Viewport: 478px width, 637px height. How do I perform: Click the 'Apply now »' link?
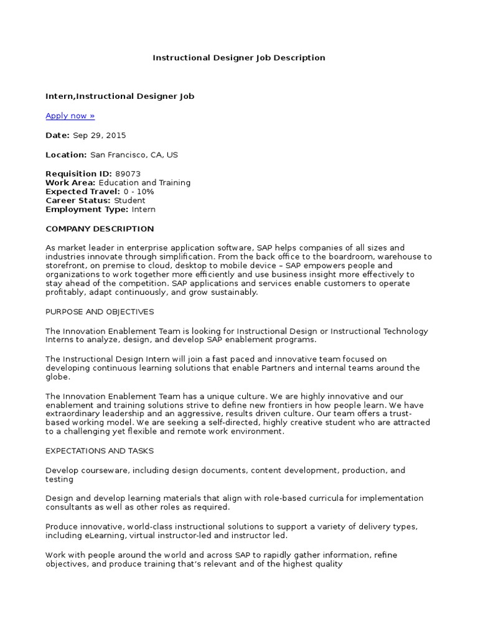coord(70,116)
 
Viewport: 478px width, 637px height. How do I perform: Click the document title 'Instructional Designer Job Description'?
coord(239,58)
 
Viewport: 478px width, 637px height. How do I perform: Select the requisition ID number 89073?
coord(128,174)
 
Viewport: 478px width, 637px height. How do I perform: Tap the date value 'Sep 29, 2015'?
coord(99,135)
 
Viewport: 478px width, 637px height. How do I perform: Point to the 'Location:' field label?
coord(66,155)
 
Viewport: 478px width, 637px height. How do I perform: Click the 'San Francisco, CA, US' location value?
coord(134,155)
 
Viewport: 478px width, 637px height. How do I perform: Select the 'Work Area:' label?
coord(70,183)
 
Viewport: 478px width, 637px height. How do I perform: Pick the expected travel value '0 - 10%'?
coord(139,192)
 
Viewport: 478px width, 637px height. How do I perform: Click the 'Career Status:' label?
coord(78,201)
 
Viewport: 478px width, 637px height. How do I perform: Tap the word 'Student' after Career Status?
coord(129,201)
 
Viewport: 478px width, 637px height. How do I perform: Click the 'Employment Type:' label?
coord(87,210)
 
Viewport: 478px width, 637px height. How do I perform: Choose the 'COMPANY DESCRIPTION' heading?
coord(100,229)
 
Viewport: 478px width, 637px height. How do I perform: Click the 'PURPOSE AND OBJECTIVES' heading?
coord(100,312)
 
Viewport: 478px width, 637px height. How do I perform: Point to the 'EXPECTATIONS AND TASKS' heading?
coord(100,450)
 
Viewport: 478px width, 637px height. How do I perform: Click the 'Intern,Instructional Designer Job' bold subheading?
coord(119,96)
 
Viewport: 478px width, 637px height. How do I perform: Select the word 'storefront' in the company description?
coord(65,266)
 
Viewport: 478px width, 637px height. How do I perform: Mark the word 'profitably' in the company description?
coord(65,292)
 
